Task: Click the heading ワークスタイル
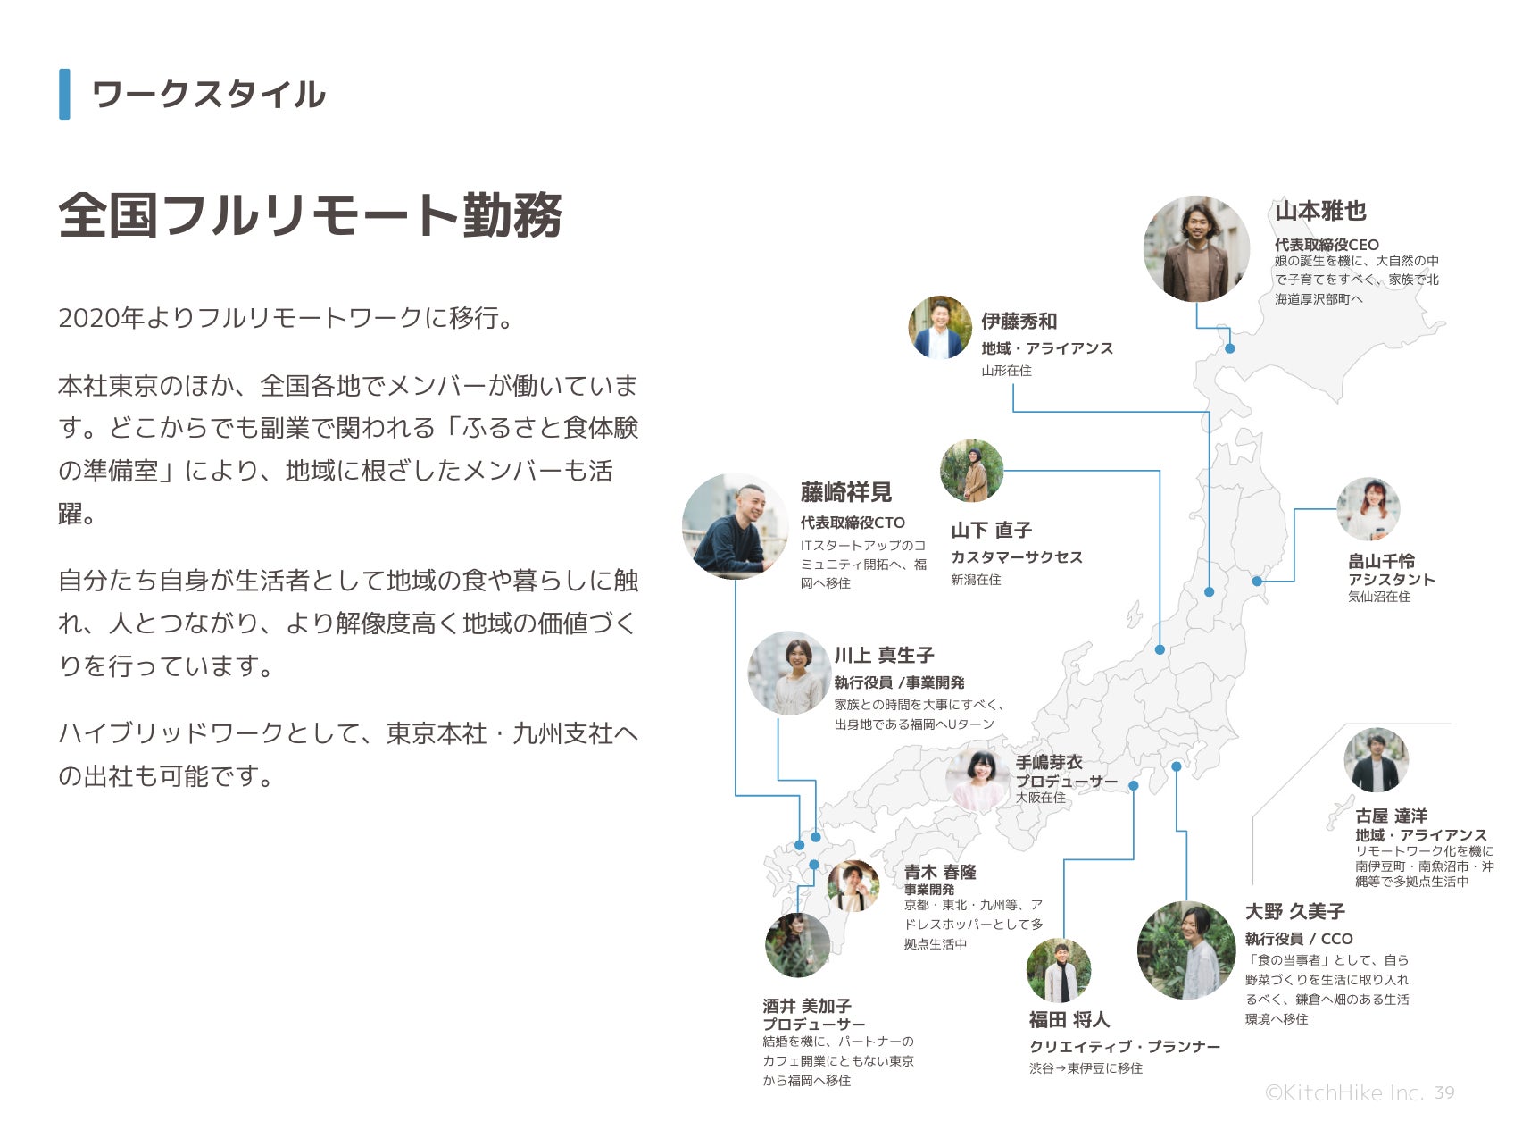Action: pos(208,95)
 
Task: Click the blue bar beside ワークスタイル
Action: pos(64,94)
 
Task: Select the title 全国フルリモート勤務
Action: pos(310,215)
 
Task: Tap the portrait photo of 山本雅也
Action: pos(1196,248)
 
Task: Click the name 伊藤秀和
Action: pos(1019,322)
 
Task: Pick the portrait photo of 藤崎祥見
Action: pos(735,526)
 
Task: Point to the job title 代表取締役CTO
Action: pos(852,523)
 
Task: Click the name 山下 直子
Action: pos(991,531)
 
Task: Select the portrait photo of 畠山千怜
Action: pos(1368,509)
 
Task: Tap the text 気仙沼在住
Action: pos(1378,597)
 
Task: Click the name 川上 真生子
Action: pos(884,656)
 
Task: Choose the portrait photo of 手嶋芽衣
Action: pos(977,780)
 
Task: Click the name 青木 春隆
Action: pos(939,872)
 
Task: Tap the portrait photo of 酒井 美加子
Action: pos(797,945)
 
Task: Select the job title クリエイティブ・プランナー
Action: pos(1124,1047)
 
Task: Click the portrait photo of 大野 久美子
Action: pos(1185,950)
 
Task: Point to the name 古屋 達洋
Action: pos(1391,816)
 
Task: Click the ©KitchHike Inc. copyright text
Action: pos(1343,1092)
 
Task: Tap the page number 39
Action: pos(1444,1092)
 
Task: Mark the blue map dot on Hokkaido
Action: pos(1229,348)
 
